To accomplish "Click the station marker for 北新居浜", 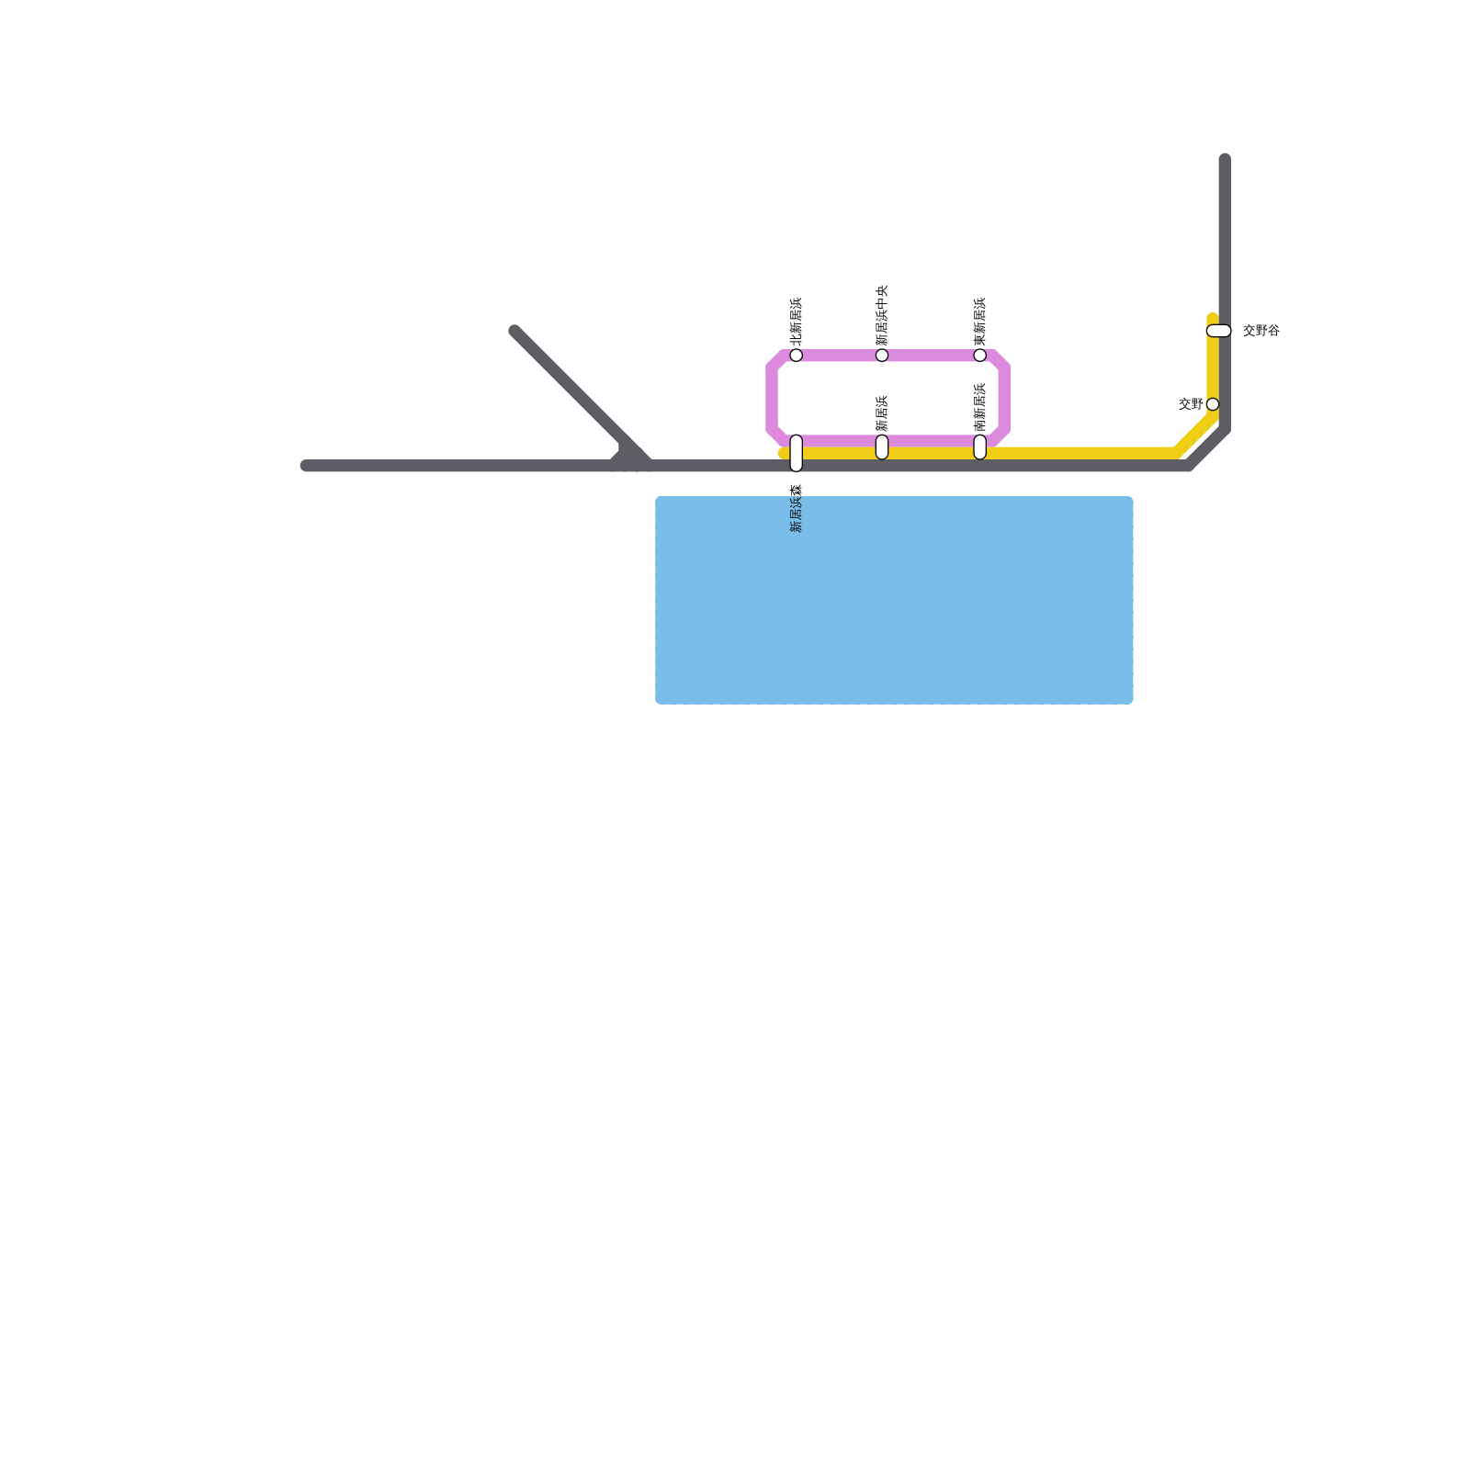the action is [796, 355].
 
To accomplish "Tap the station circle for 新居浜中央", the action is [882, 355].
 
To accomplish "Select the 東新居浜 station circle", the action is [980, 355].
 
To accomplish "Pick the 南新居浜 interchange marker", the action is [980, 447].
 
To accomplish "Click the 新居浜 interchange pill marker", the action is [882, 447].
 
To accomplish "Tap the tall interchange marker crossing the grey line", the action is [796, 453].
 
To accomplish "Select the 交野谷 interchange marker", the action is [1218, 331].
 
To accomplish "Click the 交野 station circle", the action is [1213, 404].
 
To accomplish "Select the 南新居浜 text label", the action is [980, 407].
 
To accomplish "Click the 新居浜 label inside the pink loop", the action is [882, 413].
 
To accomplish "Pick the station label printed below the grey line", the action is [796, 508].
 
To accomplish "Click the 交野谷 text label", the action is [1261, 331].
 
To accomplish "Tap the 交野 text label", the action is [1191, 403].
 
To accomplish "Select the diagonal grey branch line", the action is [570, 386].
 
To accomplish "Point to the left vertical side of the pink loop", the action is [772, 398].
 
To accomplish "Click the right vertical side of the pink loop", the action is [1004, 398].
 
